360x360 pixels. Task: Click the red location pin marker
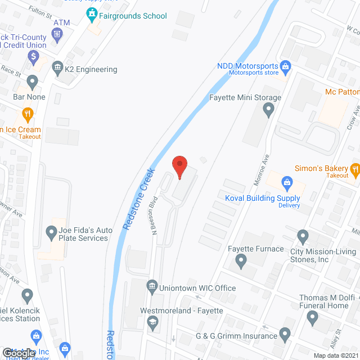179,166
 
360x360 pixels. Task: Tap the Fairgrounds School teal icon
91,13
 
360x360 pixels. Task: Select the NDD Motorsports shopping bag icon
285,67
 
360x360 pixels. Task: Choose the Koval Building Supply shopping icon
287,183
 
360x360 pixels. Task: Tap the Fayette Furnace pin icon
241,260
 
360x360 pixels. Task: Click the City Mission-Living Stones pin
303,236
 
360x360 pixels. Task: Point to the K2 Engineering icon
57,69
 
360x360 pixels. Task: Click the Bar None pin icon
31,83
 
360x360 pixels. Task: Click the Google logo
19,353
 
